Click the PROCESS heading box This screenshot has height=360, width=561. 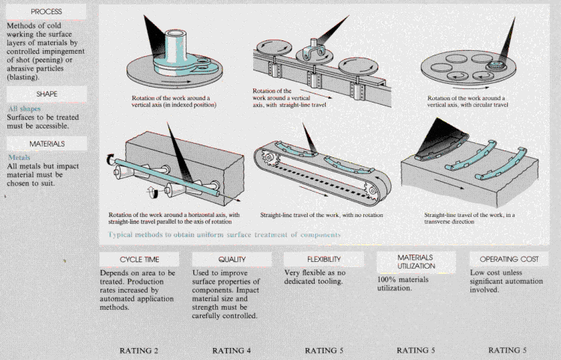click(46, 12)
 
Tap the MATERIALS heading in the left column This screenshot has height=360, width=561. click(46, 143)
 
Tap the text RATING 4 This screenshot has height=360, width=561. click(233, 350)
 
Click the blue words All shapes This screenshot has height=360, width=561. click(23, 109)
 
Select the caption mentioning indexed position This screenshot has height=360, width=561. click(174, 102)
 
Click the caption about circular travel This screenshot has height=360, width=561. click(466, 102)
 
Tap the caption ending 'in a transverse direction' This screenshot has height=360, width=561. click(468, 218)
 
